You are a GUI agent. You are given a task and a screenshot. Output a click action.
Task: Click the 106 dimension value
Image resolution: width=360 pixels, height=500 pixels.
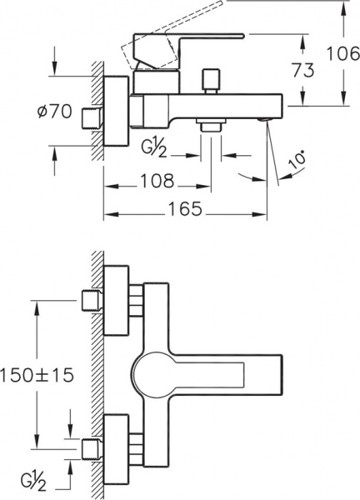tap(343, 53)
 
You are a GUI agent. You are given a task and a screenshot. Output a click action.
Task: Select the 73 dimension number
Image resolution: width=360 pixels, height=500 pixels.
tap(303, 70)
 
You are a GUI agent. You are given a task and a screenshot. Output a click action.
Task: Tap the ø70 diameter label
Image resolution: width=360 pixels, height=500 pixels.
tap(54, 112)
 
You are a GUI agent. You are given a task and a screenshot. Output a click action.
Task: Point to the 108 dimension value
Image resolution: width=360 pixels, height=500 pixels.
tap(157, 181)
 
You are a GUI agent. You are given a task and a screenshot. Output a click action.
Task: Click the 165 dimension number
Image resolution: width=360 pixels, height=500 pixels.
tap(185, 209)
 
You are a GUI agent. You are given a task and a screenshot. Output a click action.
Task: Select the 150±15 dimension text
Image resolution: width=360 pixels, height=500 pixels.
tap(37, 375)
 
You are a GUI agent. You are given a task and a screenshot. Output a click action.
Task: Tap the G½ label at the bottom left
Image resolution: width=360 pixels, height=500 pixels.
tap(34, 482)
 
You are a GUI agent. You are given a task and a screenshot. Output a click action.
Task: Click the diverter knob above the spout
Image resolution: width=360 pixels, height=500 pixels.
tap(211, 81)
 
